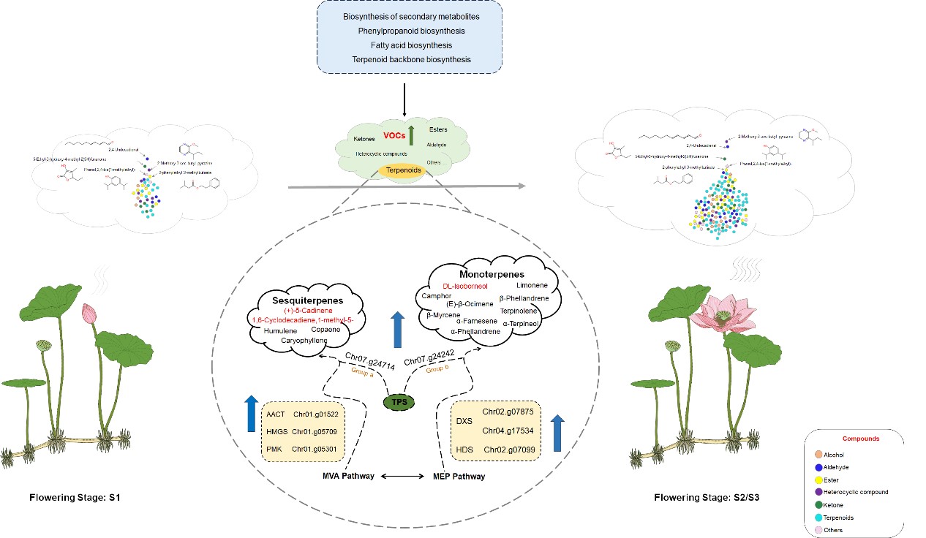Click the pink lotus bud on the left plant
[x=89, y=314]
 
